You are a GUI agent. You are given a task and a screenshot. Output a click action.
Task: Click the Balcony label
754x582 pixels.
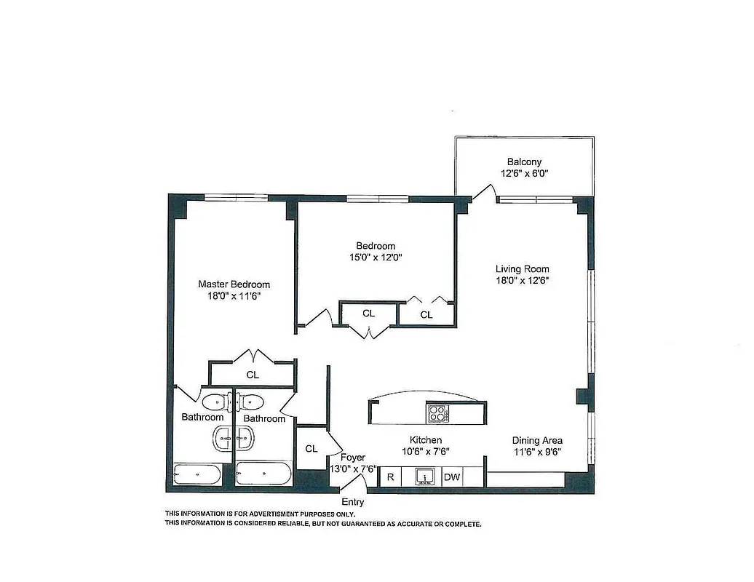[524, 162]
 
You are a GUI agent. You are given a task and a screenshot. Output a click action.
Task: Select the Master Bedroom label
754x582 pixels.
[234, 284]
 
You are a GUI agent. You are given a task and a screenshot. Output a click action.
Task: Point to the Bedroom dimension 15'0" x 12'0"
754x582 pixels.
[375, 257]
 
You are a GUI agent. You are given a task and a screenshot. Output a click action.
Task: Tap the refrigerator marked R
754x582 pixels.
[391, 477]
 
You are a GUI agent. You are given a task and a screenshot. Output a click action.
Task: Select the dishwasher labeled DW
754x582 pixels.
[451, 477]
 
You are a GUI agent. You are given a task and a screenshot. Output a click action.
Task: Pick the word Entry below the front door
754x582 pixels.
[353, 502]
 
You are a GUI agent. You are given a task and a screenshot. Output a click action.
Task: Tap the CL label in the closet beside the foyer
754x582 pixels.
[311, 449]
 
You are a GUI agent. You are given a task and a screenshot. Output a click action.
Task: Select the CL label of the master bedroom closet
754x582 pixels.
[253, 375]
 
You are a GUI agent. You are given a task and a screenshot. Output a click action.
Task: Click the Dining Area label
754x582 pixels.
[537, 440]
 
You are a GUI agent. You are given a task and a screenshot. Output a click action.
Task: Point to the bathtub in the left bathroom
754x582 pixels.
[197, 475]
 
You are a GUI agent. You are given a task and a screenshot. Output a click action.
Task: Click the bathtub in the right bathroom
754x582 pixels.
[263, 474]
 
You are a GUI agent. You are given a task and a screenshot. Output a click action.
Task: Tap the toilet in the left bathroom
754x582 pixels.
[214, 402]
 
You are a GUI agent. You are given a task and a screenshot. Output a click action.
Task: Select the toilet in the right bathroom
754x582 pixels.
[251, 402]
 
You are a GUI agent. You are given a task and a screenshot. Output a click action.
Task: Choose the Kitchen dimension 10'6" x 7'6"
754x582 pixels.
[425, 451]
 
